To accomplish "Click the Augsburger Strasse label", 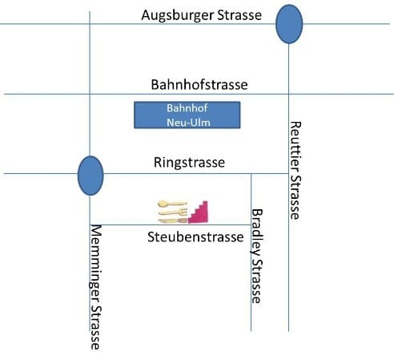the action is [202, 15].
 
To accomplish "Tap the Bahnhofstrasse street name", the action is [199, 84].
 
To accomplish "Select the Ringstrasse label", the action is [189, 163].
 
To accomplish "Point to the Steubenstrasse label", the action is [195, 237].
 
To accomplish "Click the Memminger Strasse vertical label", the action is [95, 287].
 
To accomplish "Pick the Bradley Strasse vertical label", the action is [257, 256].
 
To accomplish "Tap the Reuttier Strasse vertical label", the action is [295, 170].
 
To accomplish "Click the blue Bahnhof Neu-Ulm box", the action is [187, 115].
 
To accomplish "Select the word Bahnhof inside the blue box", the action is [187, 108].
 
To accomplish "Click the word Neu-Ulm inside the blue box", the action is [188, 123].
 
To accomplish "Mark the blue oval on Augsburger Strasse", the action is [289, 24].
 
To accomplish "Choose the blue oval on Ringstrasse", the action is [90, 176].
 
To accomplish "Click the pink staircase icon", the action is [198, 212].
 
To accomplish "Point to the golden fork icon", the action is [173, 212].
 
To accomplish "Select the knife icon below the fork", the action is [172, 220].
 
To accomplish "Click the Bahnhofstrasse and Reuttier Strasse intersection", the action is [289, 94].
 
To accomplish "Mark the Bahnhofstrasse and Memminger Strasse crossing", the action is [90, 94].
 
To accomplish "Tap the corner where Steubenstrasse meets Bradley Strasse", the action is [251, 224].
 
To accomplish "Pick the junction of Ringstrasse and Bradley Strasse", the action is [251, 174].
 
